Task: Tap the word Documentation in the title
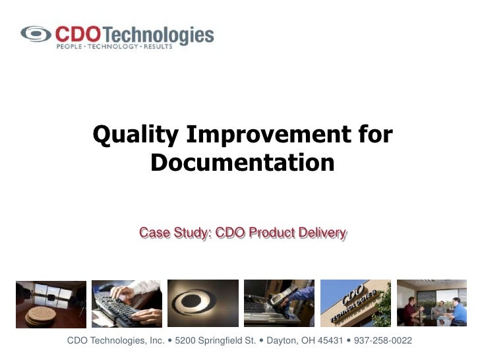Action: click(243, 162)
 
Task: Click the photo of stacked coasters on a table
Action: click(51, 304)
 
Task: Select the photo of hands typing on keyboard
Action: click(127, 304)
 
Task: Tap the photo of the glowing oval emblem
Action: click(203, 304)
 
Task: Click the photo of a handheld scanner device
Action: click(279, 304)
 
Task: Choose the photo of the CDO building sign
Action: click(355, 304)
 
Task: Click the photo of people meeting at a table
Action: click(432, 304)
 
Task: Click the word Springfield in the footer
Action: click(216, 341)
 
